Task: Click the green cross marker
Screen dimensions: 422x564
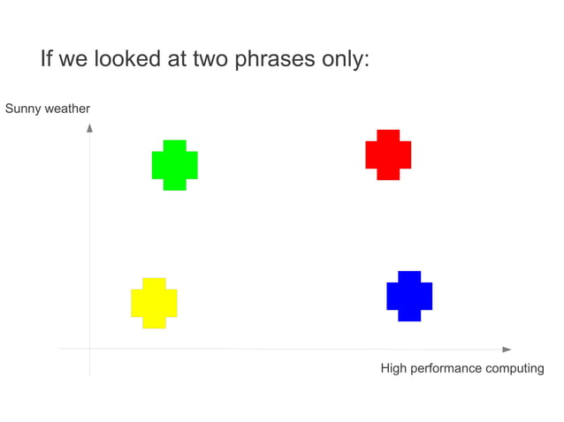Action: point(174,165)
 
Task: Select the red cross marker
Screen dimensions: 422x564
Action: point(388,154)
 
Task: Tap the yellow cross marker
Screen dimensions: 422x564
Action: point(154,303)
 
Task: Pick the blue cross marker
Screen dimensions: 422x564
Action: point(409,296)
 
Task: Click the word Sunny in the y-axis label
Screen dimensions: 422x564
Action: point(22,109)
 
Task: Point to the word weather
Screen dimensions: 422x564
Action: point(67,109)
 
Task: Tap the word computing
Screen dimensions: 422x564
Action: point(515,368)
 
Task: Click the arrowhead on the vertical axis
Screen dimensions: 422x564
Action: point(89,128)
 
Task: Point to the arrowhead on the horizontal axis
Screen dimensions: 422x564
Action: point(507,350)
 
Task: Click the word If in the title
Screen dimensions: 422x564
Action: point(47,60)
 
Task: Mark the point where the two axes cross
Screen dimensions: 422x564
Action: point(89,350)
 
